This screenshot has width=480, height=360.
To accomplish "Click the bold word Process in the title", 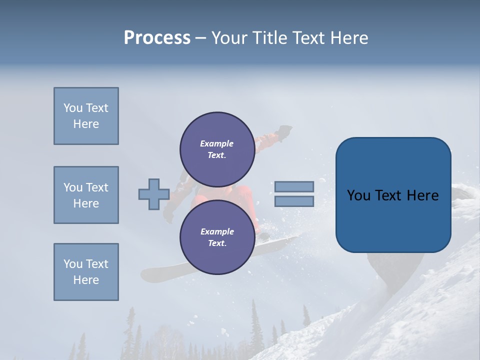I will click(x=157, y=37).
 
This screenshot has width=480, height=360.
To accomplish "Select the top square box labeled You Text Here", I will click(x=86, y=116).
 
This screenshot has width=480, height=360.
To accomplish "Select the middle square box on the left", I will click(x=86, y=195).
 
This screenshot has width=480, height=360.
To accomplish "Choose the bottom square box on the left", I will click(x=86, y=272).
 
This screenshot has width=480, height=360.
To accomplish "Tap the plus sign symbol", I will click(x=154, y=194).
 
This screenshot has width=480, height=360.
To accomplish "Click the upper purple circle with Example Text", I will click(x=217, y=149).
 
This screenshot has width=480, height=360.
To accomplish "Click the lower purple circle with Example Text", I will click(x=217, y=237).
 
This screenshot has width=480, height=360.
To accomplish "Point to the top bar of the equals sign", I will click(x=294, y=186).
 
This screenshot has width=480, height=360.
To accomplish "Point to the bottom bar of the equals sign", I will click(x=294, y=201).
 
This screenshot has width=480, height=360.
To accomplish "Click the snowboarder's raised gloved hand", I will click(x=284, y=131).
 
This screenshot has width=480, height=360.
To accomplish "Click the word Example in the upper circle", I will click(x=217, y=143).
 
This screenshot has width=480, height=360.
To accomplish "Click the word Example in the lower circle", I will click(x=217, y=231).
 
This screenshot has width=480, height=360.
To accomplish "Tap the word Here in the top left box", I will click(x=86, y=124).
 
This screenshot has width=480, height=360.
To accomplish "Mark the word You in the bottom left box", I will click(x=72, y=264).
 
